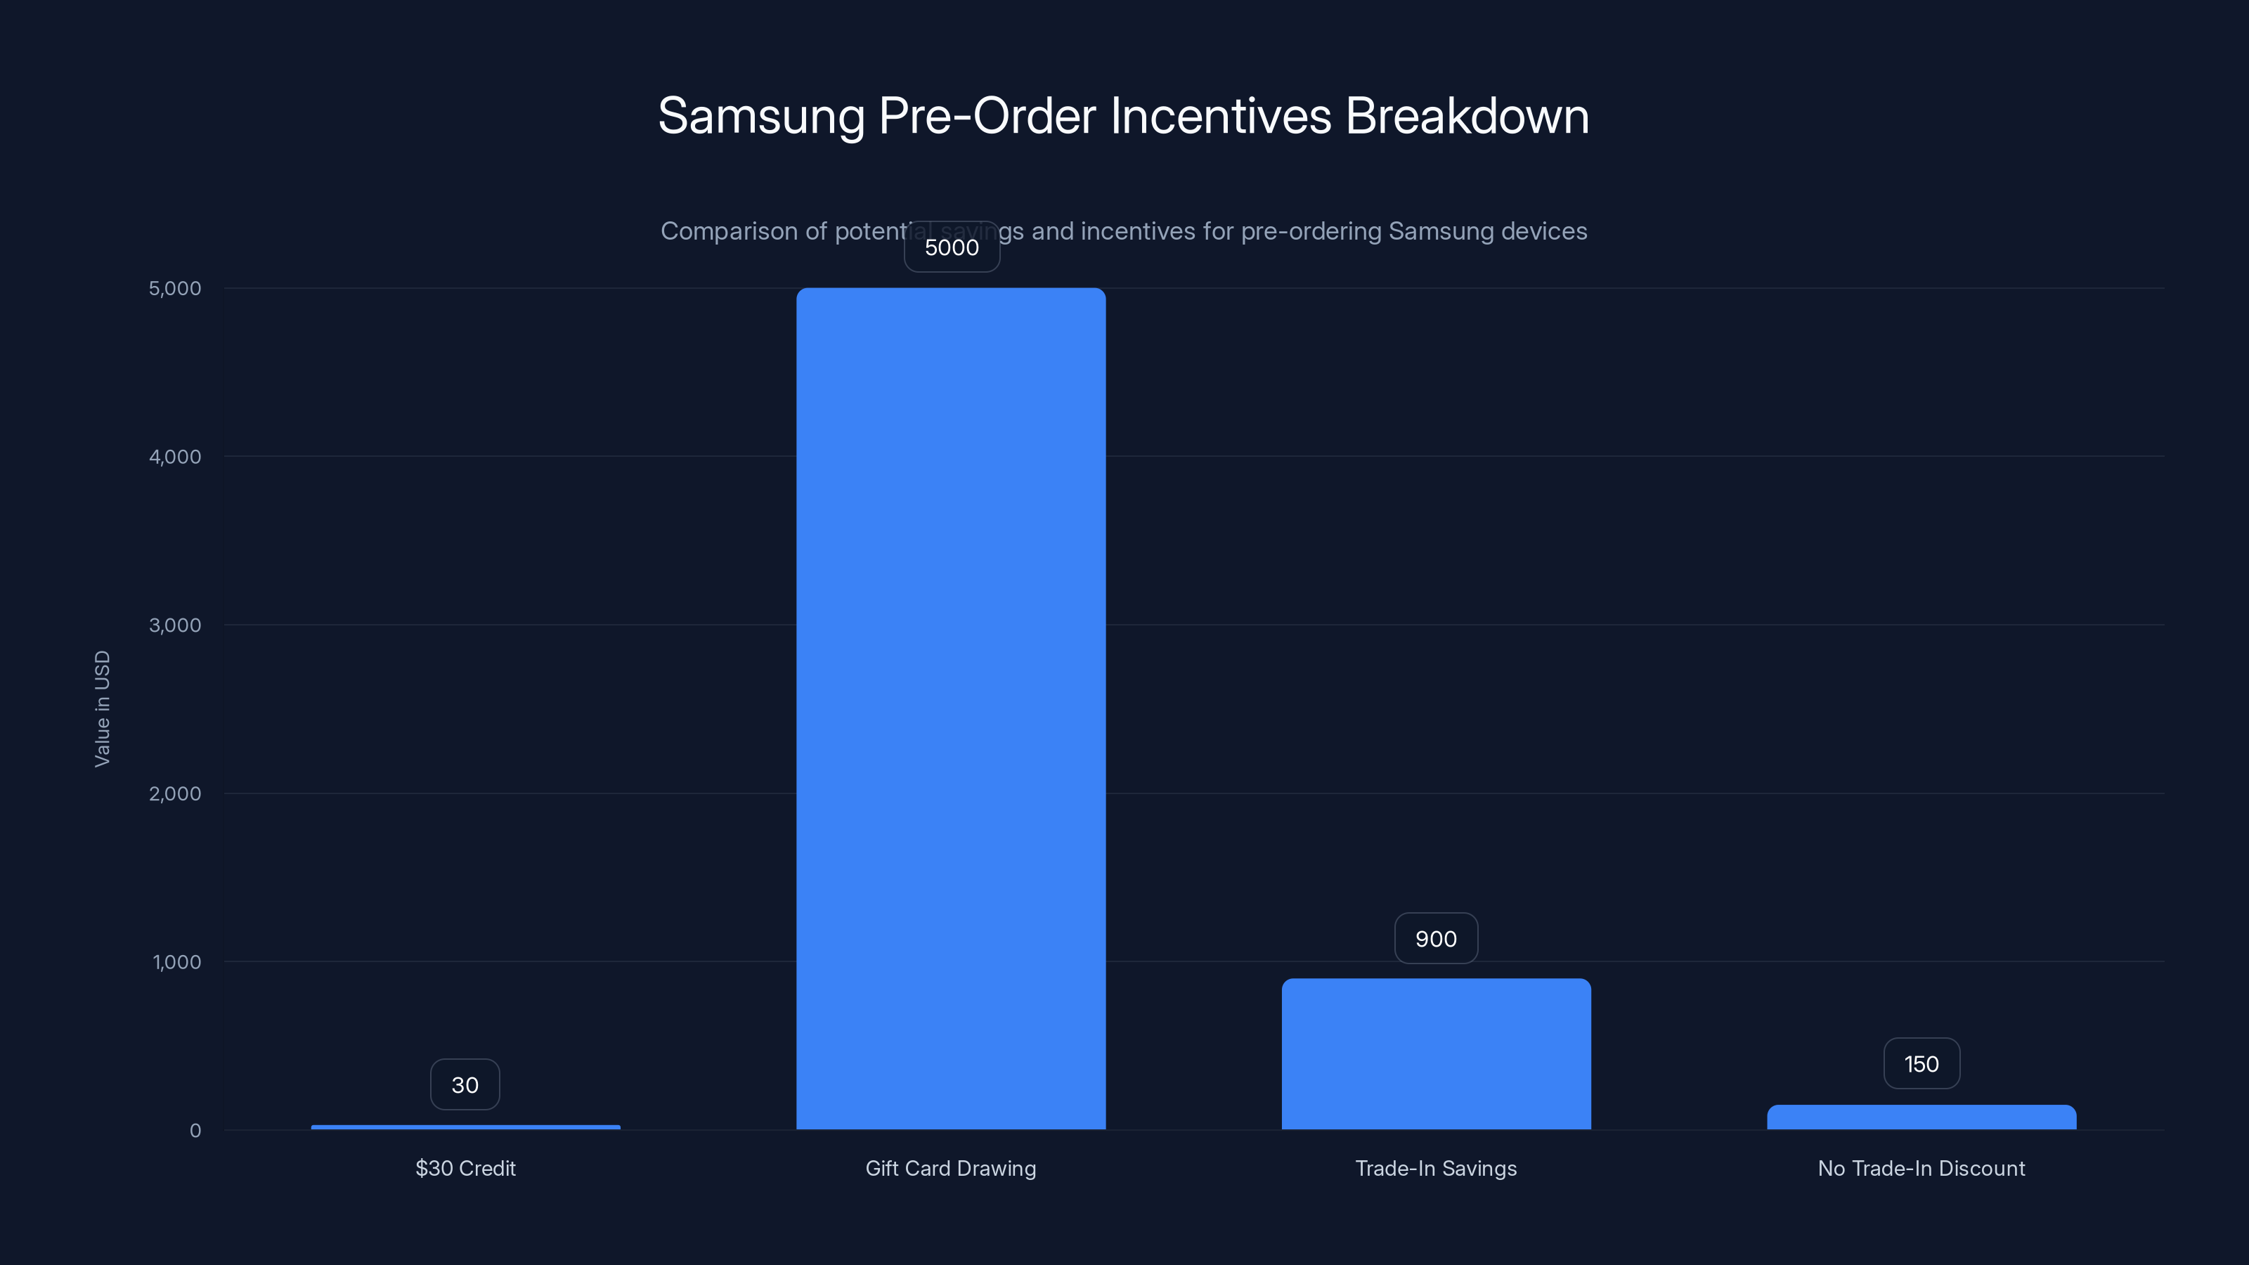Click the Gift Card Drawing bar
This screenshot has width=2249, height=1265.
tap(951, 708)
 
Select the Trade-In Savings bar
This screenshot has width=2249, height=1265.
tap(1436, 1053)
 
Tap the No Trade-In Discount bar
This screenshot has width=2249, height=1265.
tap(1921, 1117)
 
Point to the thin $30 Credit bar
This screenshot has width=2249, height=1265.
tap(465, 1127)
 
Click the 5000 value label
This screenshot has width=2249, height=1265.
tap(952, 248)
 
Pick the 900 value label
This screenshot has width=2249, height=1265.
tap(1436, 940)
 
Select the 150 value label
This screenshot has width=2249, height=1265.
tap(1921, 1064)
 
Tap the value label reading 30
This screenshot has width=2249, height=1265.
tap(465, 1085)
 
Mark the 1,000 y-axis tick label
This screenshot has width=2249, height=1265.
tap(176, 962)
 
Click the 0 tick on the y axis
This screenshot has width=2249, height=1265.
tap(195, 1131)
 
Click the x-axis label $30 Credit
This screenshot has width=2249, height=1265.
tap(465, 1168)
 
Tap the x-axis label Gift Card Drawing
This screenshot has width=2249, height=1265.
tap(951, 1168)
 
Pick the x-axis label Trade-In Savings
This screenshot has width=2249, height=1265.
tap(1436, 1168)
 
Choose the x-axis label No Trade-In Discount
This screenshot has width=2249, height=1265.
tap(1921, 1168)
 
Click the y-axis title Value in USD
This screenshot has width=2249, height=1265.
tap(102, 709)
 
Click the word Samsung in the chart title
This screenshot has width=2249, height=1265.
tap(760, 116)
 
